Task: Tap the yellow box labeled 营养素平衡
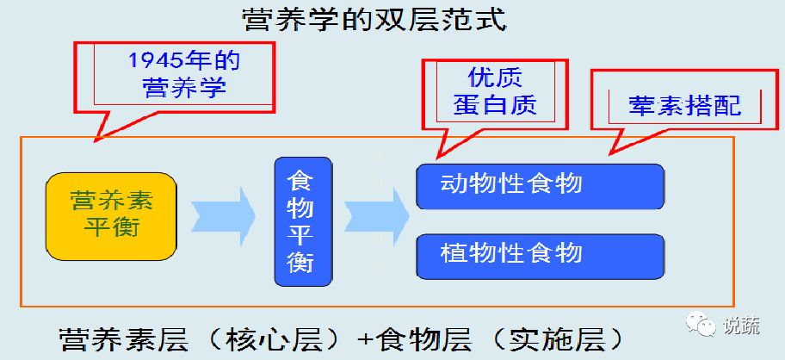[x=111, y=215]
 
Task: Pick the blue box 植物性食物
[x=541, y=253]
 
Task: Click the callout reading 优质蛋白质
[x=495, y=90]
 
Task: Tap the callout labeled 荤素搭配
[x=674, y=106]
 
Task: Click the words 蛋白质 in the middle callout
[x=495, y=104]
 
